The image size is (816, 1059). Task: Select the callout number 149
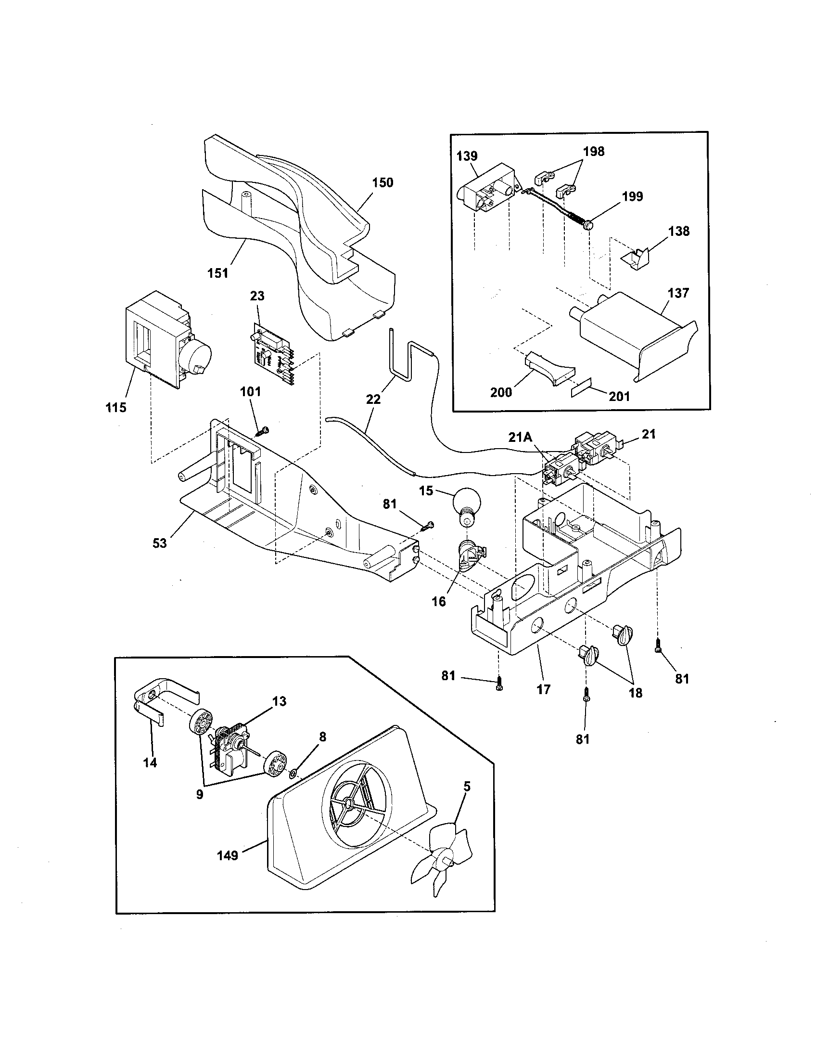coord(227,856)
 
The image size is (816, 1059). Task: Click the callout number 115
coord(116,408)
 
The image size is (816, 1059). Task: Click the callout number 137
coord(678,293)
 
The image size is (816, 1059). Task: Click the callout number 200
coord(501,392)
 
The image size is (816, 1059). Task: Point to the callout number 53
coord(159,543)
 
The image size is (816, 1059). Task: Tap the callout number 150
coord(382,183)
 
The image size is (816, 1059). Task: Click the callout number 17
coord(544,689)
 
